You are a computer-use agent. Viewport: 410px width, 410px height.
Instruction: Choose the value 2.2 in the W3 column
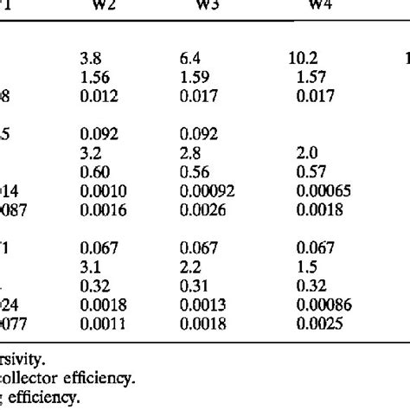click(x=190, y=265)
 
